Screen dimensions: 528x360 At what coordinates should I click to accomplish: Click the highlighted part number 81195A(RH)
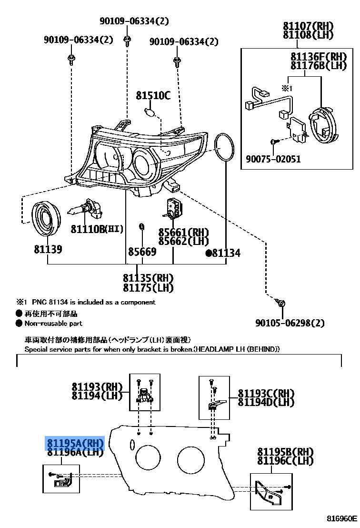(x=74, y=443)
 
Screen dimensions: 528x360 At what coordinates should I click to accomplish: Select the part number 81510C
(x=153, y=95)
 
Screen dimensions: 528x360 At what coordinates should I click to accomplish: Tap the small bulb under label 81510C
(x=150, y=113)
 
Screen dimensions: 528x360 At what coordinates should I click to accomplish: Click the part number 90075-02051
(x=273, y=159)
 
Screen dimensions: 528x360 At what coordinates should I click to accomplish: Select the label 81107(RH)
(x=308, y=26)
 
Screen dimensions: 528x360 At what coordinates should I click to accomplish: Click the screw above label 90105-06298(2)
(x=280, y=302)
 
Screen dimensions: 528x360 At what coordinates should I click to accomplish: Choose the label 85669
(x=142, y=251)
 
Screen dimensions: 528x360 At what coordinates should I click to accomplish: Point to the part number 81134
(x=226, y=253)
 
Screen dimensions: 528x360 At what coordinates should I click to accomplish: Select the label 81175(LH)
(x=148, y=287)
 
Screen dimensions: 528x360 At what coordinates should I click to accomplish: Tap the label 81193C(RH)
(x=266, y=394)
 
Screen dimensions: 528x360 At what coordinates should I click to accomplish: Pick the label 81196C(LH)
(x=285, y=461)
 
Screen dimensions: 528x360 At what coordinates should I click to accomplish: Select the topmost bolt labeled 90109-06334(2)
(x=127, y=41)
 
